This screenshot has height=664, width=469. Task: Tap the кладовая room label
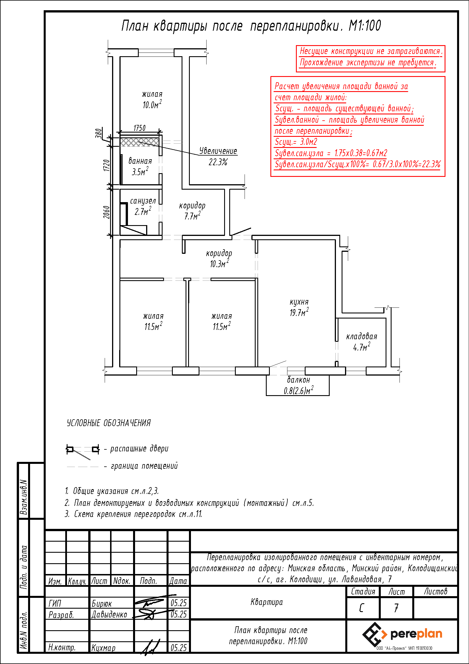(362, 336)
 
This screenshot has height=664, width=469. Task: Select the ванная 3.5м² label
(140, 166)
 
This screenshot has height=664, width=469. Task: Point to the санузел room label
(143, 201)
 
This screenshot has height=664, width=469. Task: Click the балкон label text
(298, 380)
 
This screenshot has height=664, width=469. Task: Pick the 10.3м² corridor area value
(219, 263)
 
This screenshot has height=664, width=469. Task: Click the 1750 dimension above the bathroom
(140, 128)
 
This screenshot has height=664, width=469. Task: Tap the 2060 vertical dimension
(107, 212)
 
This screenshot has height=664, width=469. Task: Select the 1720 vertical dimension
(107, 166)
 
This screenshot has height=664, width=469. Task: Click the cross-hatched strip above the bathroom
(140, 142)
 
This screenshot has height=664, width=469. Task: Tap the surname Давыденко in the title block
(109, 615)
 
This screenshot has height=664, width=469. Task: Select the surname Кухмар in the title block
(103, 648)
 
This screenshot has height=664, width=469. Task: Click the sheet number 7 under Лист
(396, 608)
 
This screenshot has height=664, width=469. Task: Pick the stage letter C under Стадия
(361, 608)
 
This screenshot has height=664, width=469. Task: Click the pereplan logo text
(416, 634)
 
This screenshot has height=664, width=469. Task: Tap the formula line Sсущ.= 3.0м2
(296, 142)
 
